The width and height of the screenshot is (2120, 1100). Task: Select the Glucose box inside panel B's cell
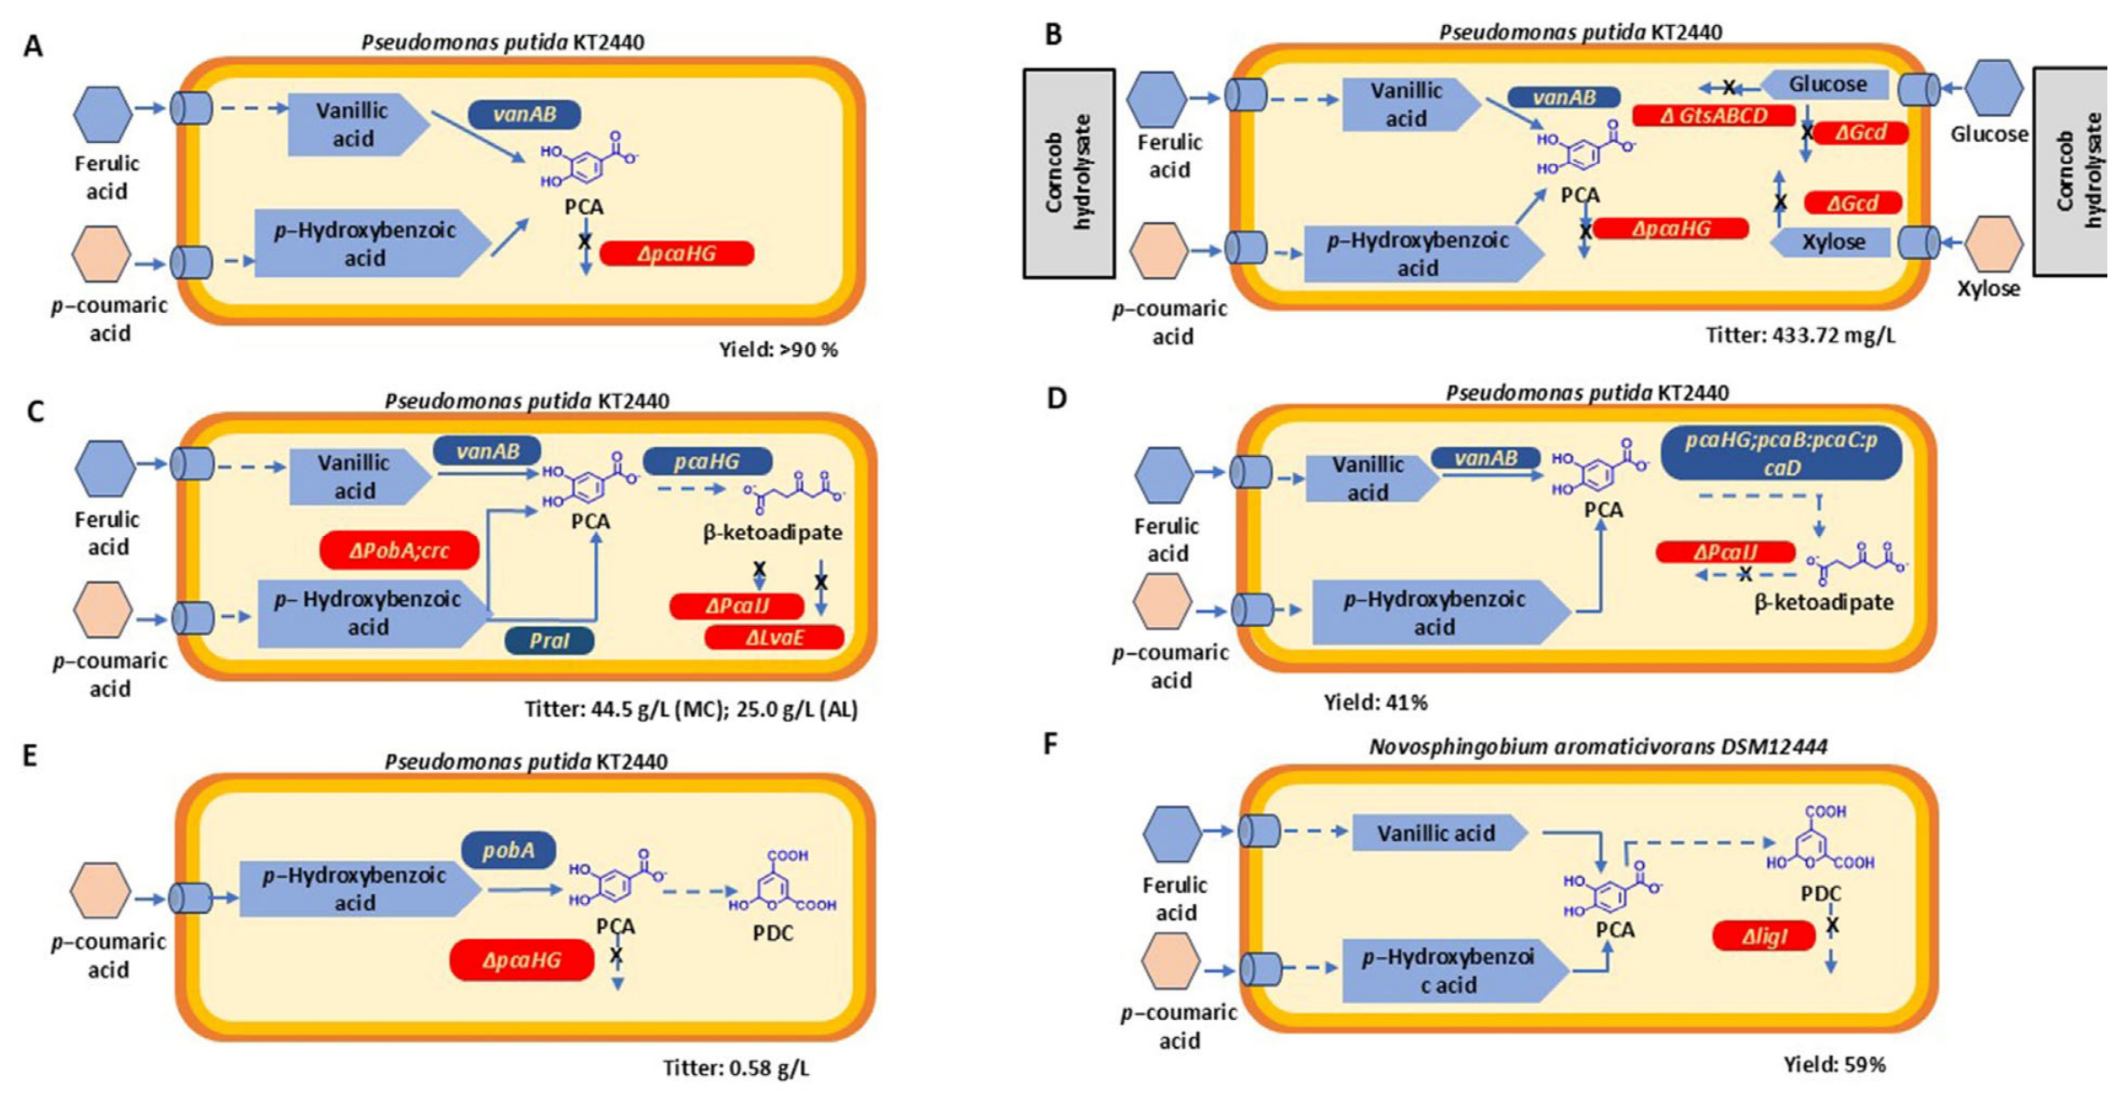(x=1823, y=85)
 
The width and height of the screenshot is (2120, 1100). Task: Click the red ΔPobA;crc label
(x=400, y=550)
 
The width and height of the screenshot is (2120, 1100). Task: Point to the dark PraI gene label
(x=549, y=640)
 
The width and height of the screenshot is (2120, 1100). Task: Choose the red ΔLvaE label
(x=774, y=638)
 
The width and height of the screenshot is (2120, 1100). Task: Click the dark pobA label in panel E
(x=508, y=850)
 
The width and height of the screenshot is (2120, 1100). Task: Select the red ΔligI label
(x=1764, y=936)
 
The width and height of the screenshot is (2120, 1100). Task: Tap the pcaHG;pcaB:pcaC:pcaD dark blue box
(x=1781, y=453)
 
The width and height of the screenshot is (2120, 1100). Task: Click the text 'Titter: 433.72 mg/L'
(x=1801, y=335)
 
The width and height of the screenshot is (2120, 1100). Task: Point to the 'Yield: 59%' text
(x=1835, y=1065)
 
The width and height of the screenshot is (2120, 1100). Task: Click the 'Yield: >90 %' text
(x=778, y=350)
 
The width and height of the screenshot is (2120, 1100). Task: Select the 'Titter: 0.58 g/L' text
(x=736, y=1069)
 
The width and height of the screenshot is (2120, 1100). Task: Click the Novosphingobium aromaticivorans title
(x=1598, y=747)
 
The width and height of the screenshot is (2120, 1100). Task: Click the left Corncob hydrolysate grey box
(x=1069, y=174)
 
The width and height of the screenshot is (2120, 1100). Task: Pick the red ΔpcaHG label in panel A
(x=677, y=254)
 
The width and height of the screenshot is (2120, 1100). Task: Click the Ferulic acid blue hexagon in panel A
(x=103, y=114)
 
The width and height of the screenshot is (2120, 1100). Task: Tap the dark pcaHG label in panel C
(x=707, y=461)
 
